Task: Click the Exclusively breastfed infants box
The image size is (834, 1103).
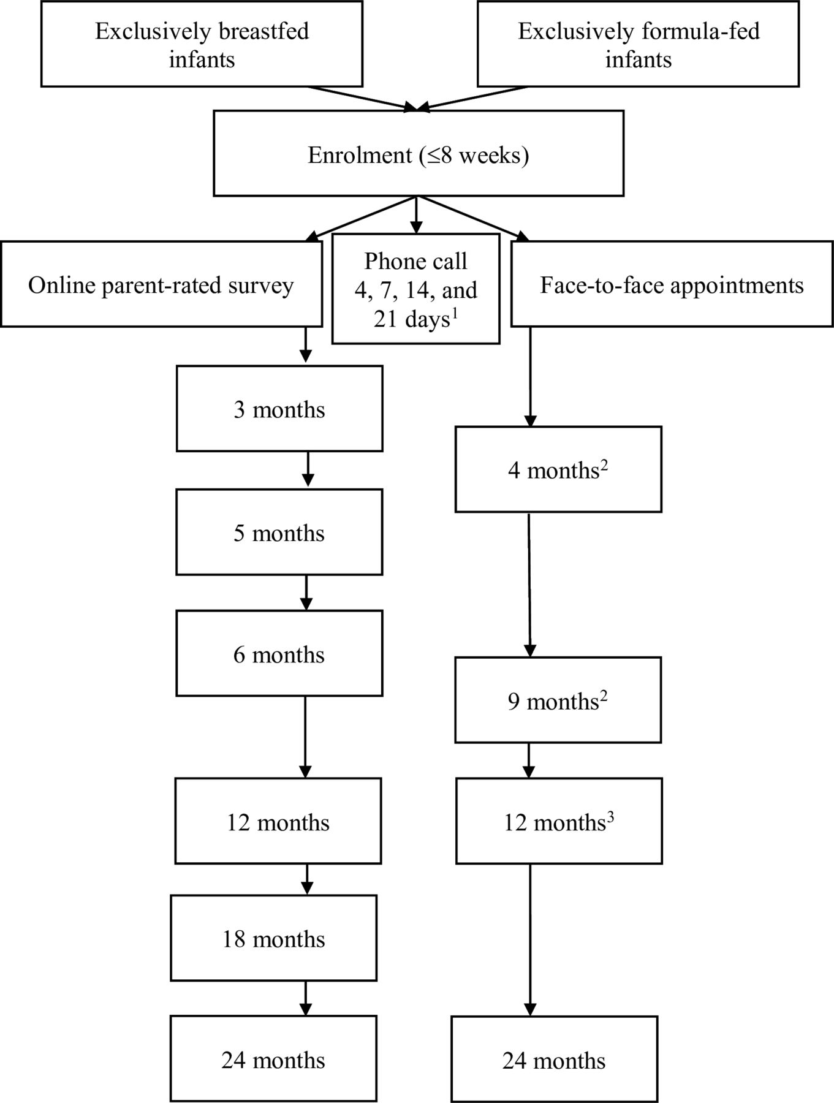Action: [x=202, y=44]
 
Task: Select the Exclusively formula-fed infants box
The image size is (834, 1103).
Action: [x=638, y=44]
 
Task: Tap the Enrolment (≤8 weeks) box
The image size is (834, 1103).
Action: [x=419, y=153]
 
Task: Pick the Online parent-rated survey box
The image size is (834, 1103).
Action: [x=161, y=284]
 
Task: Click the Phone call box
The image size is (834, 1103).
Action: [x=415, y=289]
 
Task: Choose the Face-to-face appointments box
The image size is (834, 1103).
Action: [x=672, y=284]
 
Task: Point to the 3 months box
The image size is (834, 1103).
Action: [x=279, y=409]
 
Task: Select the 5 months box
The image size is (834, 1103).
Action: [x=279, y=532]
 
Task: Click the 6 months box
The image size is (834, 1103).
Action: [x=279, y=653]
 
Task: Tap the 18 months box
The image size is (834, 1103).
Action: [x=273, y=938]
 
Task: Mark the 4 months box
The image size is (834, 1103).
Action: [x=558, y=469]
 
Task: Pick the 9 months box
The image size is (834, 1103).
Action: [x=558, y=700]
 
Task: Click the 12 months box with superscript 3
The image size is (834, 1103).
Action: [x=559, y=821]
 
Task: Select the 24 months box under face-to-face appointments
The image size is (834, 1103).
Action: [x=555, y=1059]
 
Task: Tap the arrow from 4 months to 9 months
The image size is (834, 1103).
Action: [x=529, y=585]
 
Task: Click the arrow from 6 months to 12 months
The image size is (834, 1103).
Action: [x=305, y=737]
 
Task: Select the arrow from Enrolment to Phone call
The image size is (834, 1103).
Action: [x=416, y=215]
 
